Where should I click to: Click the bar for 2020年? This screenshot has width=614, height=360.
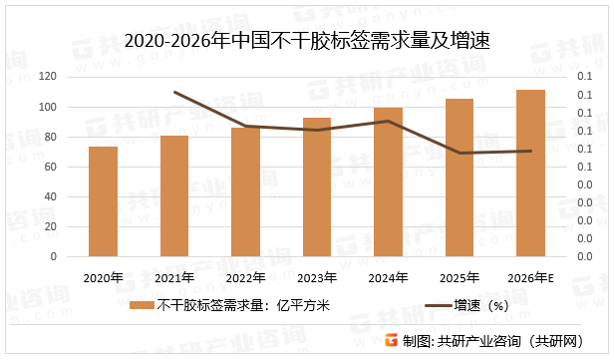pos(103,201)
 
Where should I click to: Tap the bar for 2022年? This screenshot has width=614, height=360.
pos(245,191)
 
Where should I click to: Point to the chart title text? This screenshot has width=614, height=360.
pos(307,43)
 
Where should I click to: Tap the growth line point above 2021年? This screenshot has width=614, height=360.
pos(174,92)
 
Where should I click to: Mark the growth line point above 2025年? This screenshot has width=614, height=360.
pos(460,153)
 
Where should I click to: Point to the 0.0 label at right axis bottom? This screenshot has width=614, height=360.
pos(586,256)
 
